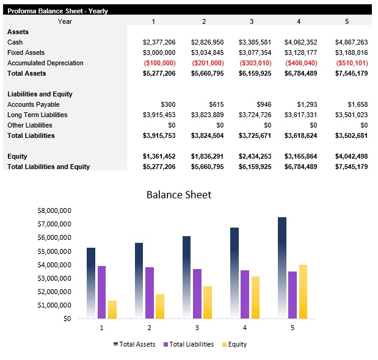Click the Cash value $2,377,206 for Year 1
tap(159, 42)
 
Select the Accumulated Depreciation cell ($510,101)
tap(351, 63)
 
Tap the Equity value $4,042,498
tap(351, 156)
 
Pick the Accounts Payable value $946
tap(264, 104)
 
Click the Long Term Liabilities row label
tap(37, 115)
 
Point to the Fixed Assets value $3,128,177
tap(300, 52)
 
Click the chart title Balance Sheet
tap(179, 195)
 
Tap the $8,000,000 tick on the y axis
tap(54, 210)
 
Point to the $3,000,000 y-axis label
tap(54, 278)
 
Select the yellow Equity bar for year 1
tap(112, 309)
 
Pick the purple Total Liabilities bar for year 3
tap(197, 293)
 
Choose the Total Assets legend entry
tap(136, 344)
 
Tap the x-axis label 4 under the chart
tap(245, 328)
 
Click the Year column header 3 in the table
tap(251, 21)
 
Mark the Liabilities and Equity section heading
tap(40, 94)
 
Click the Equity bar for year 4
tap(256, 297)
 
